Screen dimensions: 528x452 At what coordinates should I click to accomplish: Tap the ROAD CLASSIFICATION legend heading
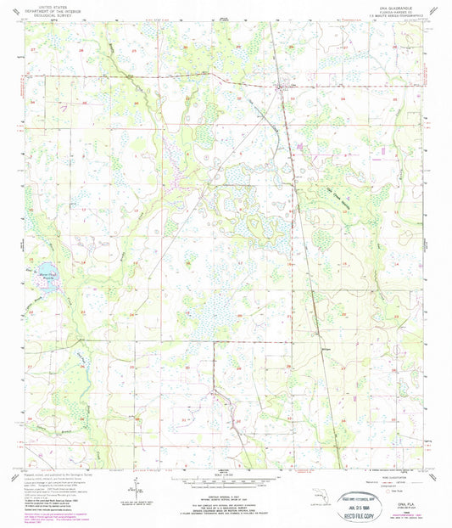point(383,469)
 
